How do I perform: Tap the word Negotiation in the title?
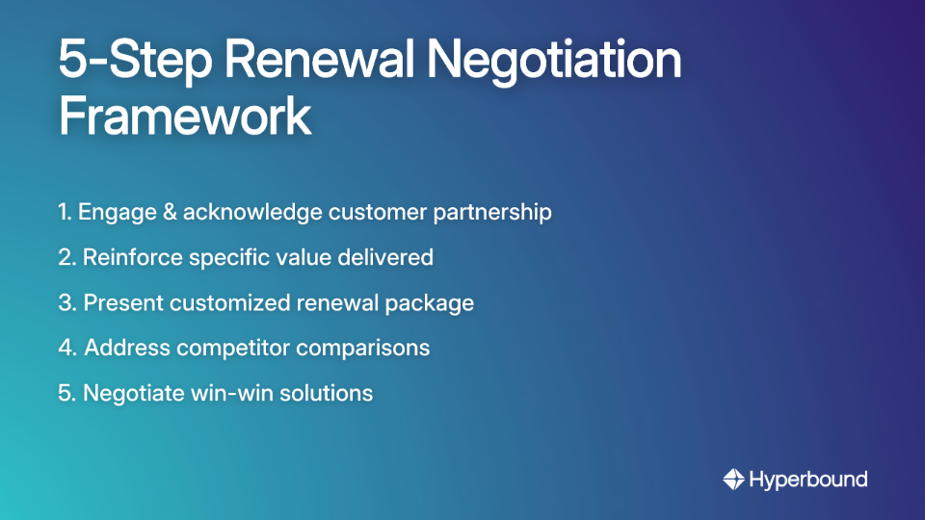tap(554, 61)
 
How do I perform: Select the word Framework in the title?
tap(184, 117)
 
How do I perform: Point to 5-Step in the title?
tap(134, 61)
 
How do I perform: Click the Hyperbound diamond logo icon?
tap(733, 480)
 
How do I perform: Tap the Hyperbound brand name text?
tap(808, 480)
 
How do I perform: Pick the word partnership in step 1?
tap(490, 212)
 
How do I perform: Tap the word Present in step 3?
tap(122, 302)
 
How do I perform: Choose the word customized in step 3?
tap(231, 302)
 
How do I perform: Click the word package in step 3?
tap(430, 302)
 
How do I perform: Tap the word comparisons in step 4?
tap(362, 348)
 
